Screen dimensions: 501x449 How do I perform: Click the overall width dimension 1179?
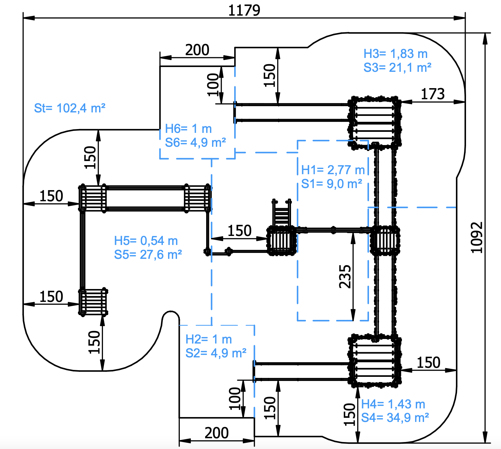coord(244,11)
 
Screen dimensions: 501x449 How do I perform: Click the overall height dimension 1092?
coord(476,237)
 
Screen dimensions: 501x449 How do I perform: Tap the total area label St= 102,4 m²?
coord(70,108)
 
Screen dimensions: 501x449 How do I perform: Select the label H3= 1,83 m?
coord(395,54)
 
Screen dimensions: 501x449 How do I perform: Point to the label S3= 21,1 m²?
coord(397,68)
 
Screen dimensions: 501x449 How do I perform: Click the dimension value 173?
coord(433,94)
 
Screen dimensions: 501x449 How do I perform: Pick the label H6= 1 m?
coord(188,129)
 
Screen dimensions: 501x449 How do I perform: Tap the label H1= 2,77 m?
coord(333,170)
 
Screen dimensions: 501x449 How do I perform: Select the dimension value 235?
coord(345,277)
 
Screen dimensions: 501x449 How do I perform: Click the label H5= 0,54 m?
coord(146,241)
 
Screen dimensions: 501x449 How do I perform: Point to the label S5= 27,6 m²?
coord(148,255)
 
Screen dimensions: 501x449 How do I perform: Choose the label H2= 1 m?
coord(209,339)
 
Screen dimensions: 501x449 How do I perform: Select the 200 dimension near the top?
coord(197,50)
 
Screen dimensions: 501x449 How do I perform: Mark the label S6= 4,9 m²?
coord(195,143)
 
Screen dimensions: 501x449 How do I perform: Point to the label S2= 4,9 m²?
coord(216,353)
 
